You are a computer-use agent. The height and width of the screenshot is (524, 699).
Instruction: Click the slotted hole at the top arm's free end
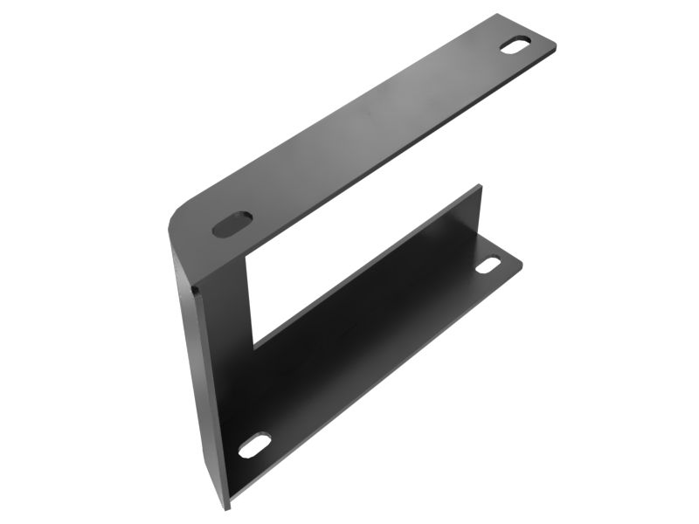(x=516, y=45)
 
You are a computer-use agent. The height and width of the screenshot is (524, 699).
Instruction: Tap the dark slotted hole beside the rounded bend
(x=232, y=224)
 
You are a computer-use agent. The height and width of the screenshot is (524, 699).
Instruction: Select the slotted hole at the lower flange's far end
(x=488, y=265)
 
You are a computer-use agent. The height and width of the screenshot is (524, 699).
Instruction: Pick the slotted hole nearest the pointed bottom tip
(x=254, y=445)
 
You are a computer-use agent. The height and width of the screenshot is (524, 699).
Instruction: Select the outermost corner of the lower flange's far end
(x=523, y=259)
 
